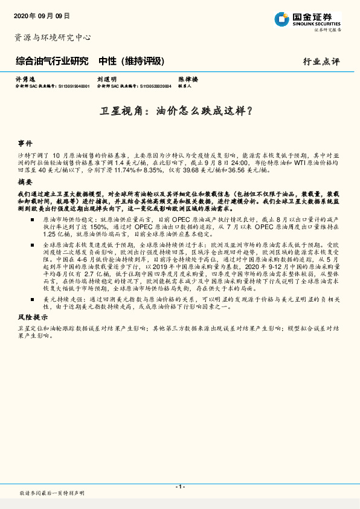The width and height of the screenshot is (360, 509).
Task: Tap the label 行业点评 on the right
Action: pos(321,62)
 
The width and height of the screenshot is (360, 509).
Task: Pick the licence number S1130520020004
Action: pos(155,86)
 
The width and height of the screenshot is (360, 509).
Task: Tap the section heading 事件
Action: pos(25,144)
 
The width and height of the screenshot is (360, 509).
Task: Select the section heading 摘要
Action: pos(25,181)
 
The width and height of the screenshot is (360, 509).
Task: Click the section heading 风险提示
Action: pos(31,317)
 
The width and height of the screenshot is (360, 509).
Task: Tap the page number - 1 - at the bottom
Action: pos(179,486)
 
